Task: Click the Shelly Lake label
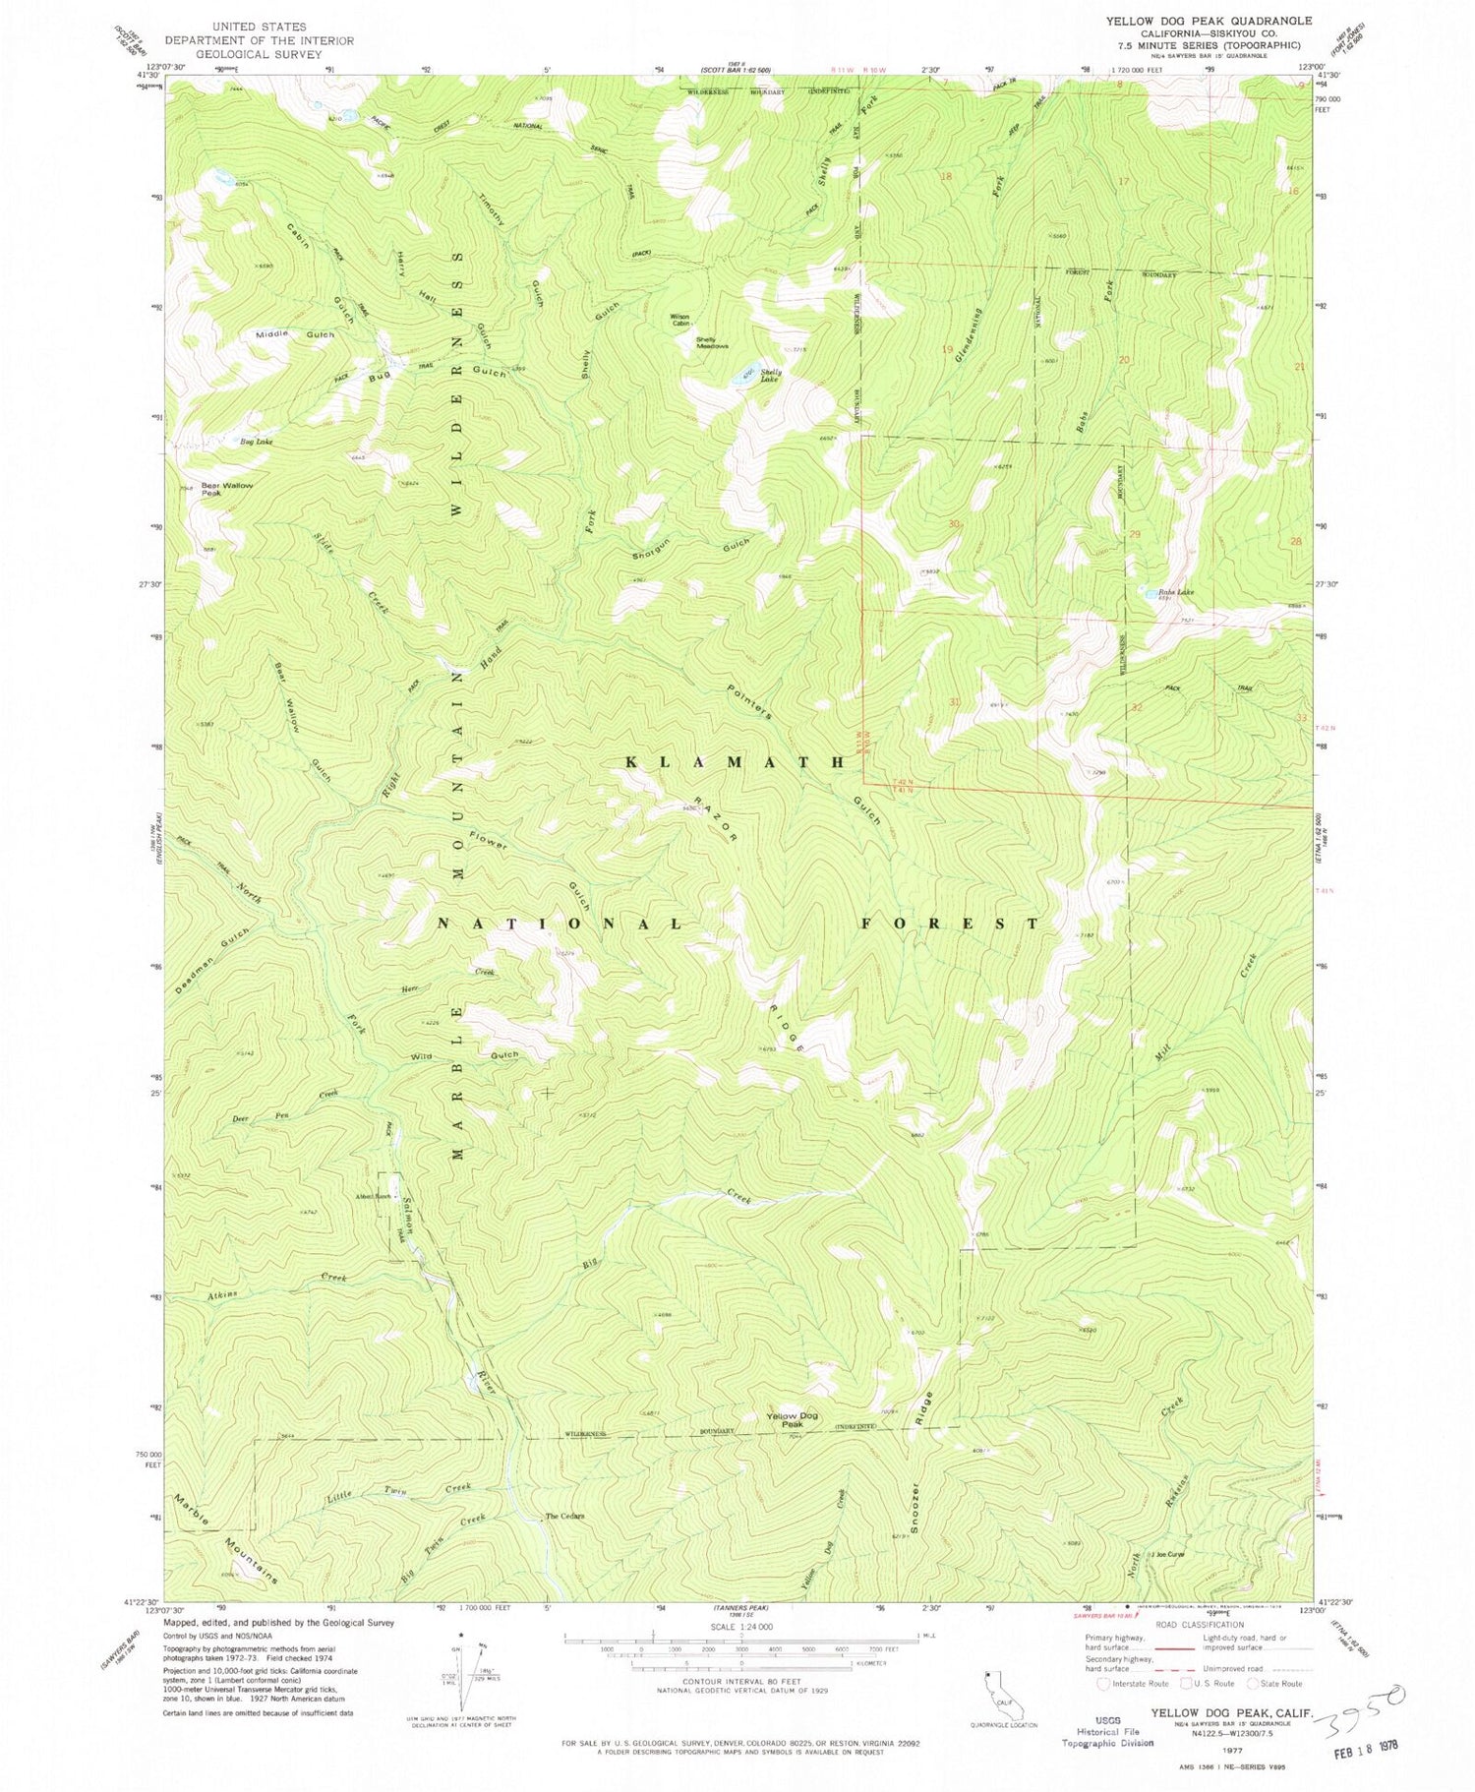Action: [x=770, y=375]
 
